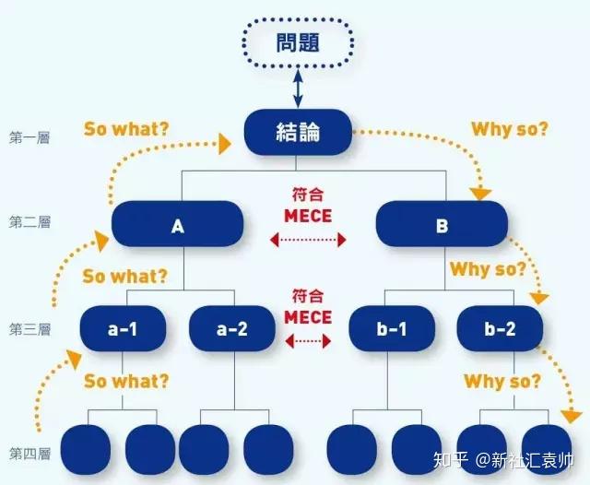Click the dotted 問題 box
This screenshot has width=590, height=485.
(x=298, y=42)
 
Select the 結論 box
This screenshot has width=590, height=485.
(x=298, y=132)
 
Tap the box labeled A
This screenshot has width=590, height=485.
(x=178, y=224)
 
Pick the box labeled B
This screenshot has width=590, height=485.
(x=442, y=224)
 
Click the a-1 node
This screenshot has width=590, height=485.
(x=123, y=328)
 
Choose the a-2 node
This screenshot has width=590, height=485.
(x=231, y=328)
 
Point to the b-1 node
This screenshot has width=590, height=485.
(x=392, y=328)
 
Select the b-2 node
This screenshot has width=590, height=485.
(x=500, y=328)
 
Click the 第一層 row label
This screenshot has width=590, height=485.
(x=29, y=137)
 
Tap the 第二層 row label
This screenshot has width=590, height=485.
(x=29, y=222)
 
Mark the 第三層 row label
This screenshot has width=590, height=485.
(x=29, y=329)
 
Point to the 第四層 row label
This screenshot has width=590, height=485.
(x=29, y=454)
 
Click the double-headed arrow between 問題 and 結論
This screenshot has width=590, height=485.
(x=298, y=89)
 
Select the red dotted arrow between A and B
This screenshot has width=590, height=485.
(x=308, y=240)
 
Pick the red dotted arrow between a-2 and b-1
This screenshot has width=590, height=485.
(x=308, y=341)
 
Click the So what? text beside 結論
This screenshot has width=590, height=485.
(x=126, y=129)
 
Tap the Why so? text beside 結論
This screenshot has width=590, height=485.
(x=510, y=129)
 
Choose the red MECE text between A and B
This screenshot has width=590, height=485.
(x=308, y=216)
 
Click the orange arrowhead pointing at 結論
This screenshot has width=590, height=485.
(x=225, y=144)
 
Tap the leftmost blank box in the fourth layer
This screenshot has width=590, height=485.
(x=86, y=449)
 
